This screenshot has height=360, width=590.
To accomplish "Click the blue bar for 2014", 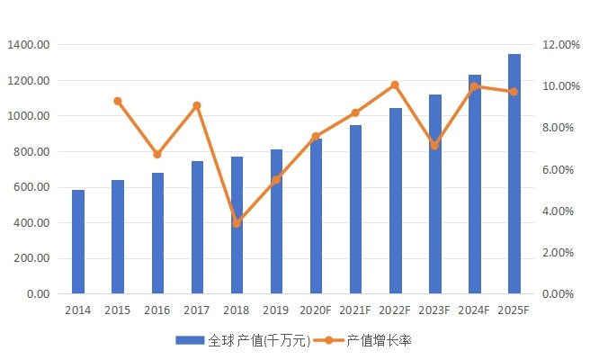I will tap(78, 242).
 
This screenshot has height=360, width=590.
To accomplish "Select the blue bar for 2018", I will tap(237, 225).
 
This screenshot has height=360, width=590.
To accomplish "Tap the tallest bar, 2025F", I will tap(514, 174).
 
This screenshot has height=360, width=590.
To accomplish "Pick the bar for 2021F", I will tap(355, 210).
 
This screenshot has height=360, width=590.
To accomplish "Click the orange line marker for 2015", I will tap(118, 101).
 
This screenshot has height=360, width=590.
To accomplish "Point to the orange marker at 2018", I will tap(237, 222).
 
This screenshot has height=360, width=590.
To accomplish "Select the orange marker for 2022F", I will tap(395, 85).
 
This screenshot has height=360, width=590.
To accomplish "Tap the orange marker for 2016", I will tap(157, 155).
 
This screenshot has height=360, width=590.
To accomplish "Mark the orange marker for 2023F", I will tap(434, 145).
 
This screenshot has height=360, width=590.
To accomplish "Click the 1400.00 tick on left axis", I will tap(30, 45).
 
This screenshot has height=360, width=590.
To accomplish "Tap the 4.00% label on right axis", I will tap(563, 211).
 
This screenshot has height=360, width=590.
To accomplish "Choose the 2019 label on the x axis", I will tap(276, 310).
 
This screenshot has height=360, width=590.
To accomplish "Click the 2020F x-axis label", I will tap(316, 310).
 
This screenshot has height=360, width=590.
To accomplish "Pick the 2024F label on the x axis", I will tap(474, 310).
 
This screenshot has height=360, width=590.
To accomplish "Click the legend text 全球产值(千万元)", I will tap(259, 341).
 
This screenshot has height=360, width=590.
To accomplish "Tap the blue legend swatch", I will tap(191, 341).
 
